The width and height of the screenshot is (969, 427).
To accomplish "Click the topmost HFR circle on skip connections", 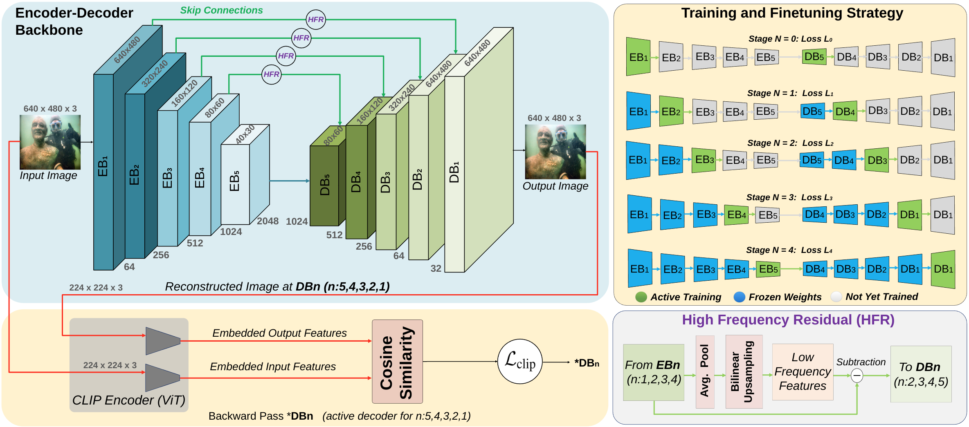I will pyautogui.click(x=316, y=19).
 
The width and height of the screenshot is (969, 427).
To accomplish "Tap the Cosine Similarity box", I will pyautogui.click(x=397, y=362).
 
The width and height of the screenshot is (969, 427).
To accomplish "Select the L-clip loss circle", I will pyautogui.click(x=519, y=362).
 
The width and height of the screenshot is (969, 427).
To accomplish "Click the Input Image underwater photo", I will pyautogui.click(x=50, y=142).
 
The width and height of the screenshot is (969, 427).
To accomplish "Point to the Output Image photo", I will pyautogui.click(x=555, y=152).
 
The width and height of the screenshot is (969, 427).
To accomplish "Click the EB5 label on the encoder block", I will pyautogui.click(x=234, y=181).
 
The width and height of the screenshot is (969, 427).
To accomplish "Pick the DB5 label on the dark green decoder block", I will pyautogui.click(x=325, y=185).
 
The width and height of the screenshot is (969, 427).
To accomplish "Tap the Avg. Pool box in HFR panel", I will pyautogui.click(x=705, y=372).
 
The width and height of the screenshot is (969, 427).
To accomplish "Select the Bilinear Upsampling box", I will pyautogui.click(x=744, y=372).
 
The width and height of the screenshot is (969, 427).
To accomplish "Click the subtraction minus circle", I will pyautogui.click(x=857, y=375).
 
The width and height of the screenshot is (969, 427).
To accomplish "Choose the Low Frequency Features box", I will pyautogui.click(x=803, y=372).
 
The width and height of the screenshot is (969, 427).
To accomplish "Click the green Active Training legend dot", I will pyautogui.click(x=641, y=297).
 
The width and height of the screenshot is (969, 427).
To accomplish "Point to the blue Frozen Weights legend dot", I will pyautogui.click(x=739, y=297).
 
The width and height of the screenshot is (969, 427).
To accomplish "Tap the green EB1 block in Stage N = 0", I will pyautogui.click(x=638, y=57).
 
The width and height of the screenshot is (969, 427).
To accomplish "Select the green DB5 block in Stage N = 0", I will pyautogui.click(x=814, y=57).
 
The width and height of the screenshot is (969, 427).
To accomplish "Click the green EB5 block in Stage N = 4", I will pyautogui.click(x=768, y=269).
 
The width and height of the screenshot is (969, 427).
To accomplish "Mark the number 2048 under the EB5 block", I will pyautogui.click(x=268, y=221).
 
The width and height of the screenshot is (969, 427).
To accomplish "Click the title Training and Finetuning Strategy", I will pyautogui.click(x=792, y=13).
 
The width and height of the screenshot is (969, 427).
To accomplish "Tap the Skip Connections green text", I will pyautogui.click(x=221, y=10).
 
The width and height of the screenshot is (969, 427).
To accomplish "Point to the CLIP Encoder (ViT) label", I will pyautogui.click(x=128, y=400).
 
